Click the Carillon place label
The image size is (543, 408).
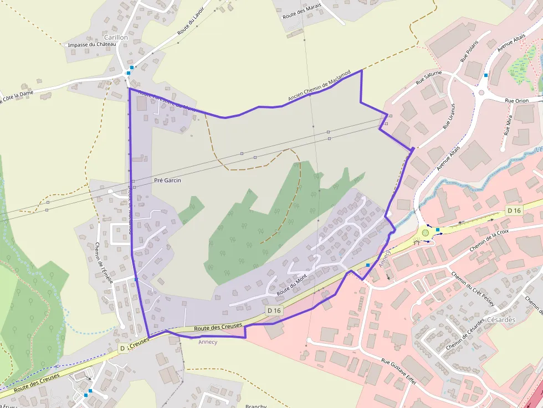pyautogui.click(x=116, y=37)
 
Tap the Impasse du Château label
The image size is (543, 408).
pyautogui.click(x=91, y=45)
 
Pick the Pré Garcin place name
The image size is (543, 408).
pyautogui.click(x=167, y=180)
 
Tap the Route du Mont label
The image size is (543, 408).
pyautogui.click(x=292, y=283)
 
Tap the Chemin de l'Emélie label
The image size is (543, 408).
pyautogui.click(x=104, y=263)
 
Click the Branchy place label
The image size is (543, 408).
pyautogui.click(x=256, y=406)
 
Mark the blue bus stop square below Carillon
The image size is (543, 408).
pyautogui.click(x=129, y=73)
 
